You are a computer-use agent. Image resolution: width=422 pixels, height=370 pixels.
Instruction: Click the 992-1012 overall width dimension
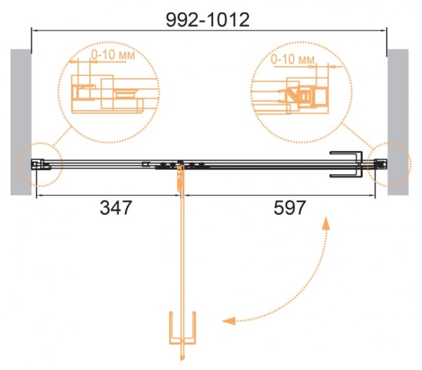207,20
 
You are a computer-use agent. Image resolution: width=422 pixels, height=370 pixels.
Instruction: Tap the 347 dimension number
116,207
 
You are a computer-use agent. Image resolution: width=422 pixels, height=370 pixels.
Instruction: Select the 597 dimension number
290,207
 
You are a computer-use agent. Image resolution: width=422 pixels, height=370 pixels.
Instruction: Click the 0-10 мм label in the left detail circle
113,55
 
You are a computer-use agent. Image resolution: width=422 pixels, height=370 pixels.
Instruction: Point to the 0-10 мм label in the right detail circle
293,59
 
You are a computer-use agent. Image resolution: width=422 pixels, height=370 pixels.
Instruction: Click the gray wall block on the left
21,122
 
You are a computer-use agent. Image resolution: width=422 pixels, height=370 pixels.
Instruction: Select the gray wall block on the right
398,122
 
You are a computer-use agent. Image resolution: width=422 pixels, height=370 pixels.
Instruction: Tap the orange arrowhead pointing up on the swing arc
326,223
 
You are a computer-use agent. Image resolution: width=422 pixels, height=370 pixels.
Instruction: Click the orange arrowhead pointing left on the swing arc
229,321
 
